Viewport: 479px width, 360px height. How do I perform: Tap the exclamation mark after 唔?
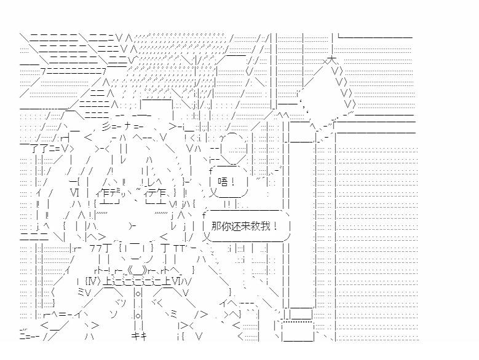tap(234, 181)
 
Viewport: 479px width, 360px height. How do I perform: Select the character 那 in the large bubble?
tap(216, 226)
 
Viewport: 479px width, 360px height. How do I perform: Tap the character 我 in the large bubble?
tap(272, 226)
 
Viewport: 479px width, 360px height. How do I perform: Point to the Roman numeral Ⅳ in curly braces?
tap(90, 282)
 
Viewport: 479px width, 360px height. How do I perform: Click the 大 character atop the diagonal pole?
tap(331, 61)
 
